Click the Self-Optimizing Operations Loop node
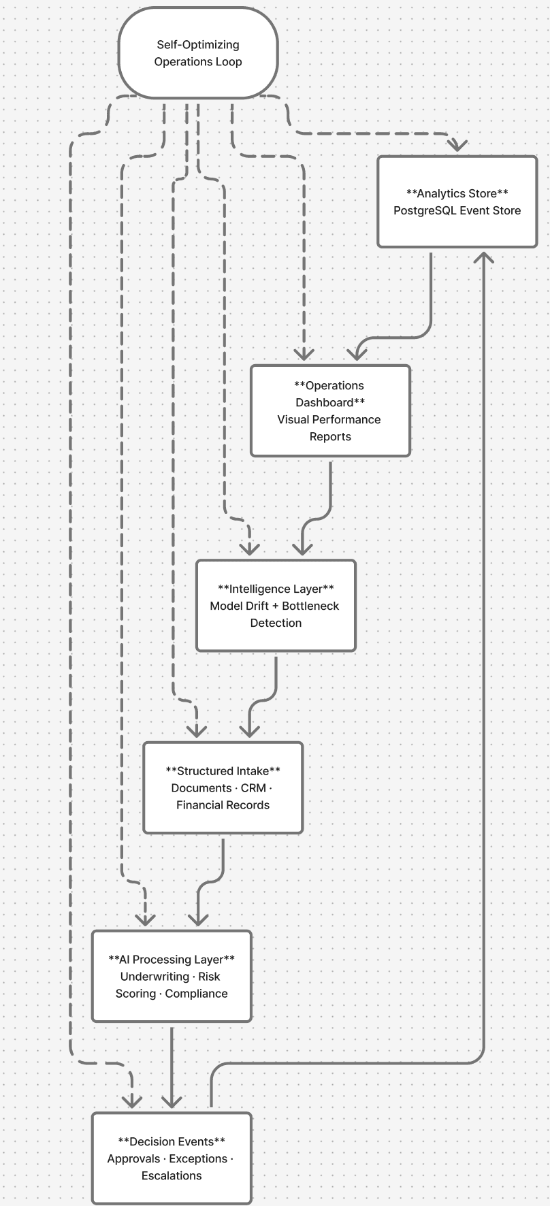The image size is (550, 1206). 198,53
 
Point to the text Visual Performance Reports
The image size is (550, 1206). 329,428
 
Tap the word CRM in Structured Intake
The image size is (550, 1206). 253,788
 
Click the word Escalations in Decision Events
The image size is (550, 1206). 172,1176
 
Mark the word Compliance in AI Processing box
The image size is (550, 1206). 196,994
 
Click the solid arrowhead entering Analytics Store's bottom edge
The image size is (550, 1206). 484,257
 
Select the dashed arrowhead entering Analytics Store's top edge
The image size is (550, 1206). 457,144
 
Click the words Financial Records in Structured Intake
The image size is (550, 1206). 223,805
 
